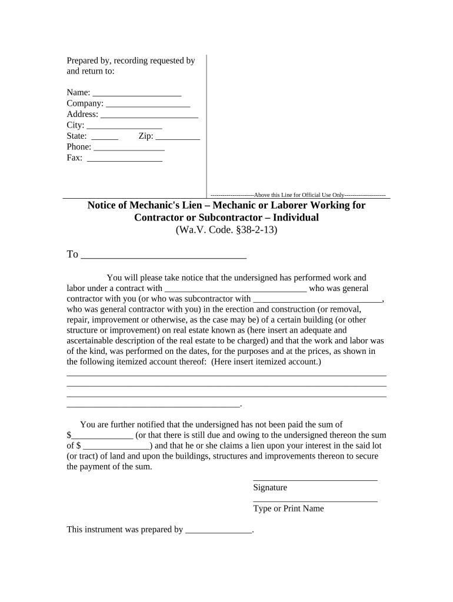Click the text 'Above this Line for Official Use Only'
(x=298, y=195)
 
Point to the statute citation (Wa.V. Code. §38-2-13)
(x=226, y=230)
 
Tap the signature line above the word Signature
(x=315, y=479)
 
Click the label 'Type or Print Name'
(x=288, y=509)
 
